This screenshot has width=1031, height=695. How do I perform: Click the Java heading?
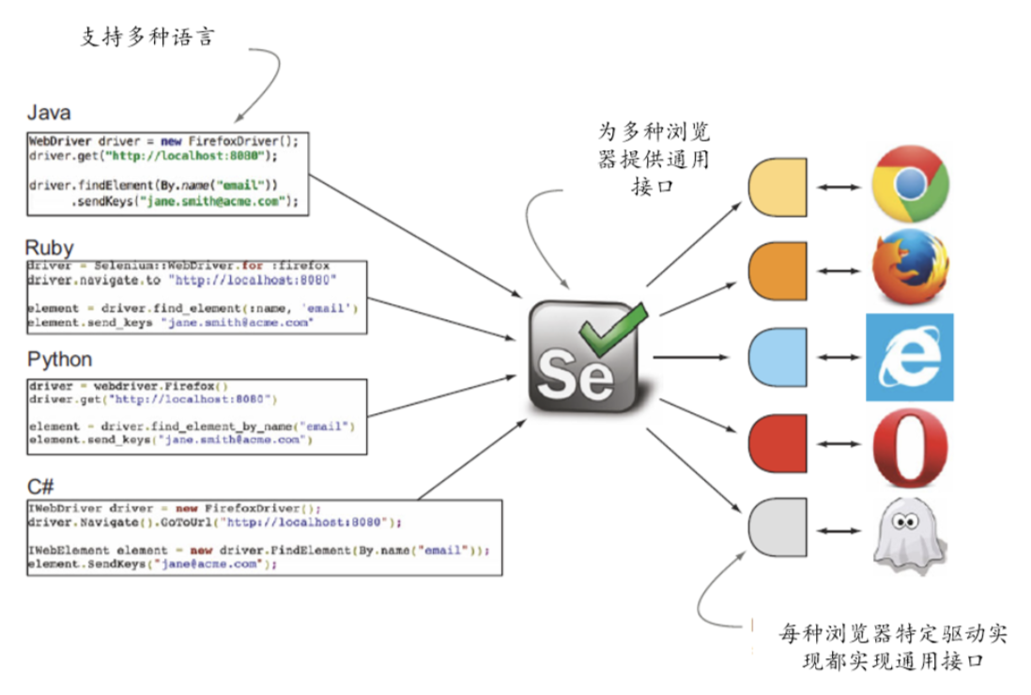pos(48,114)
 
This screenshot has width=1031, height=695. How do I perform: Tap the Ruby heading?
pos(49,249)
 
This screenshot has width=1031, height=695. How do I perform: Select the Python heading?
pos(59,360)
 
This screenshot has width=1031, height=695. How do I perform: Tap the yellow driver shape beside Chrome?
pos(777,186)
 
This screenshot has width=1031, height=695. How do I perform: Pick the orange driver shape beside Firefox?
pos(777,270)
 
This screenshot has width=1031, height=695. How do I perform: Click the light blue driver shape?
pos(777,357)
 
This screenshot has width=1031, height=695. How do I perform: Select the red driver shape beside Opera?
pos(777,442)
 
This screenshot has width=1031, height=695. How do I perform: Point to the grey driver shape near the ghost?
pos(777,530)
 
